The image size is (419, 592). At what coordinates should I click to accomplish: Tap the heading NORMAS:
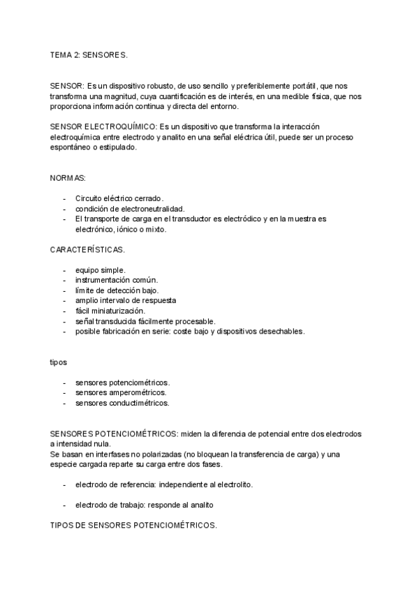[67, 179]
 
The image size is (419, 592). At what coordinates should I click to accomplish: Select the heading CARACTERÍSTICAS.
[87, 249]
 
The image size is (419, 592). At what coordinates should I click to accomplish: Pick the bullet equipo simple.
[100, 270]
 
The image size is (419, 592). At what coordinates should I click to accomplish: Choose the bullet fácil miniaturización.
[110, 311]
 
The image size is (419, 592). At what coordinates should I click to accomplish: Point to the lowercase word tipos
[59, 362]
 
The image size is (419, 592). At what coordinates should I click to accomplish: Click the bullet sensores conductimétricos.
[122, 403]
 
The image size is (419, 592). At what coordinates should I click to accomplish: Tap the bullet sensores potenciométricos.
[122, 383]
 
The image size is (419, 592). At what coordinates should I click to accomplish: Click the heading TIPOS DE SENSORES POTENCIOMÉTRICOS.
[133, 524]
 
